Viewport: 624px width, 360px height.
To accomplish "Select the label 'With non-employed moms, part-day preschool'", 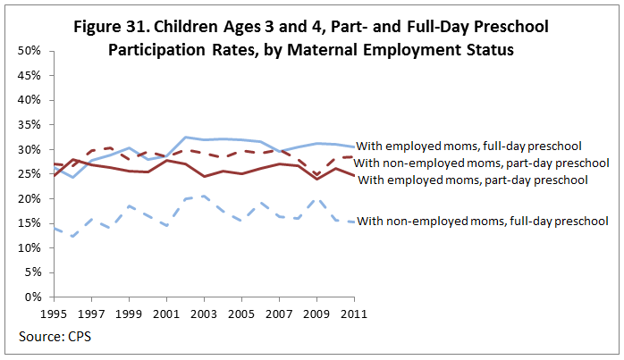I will tap(482, 163).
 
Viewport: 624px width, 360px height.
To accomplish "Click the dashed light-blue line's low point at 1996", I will tap(72, 237).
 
